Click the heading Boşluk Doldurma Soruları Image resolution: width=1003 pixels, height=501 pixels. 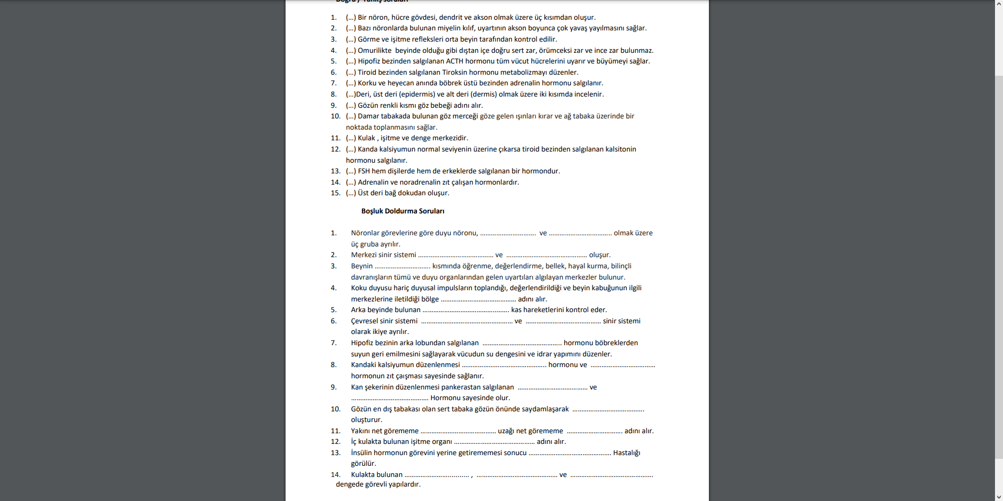tap(402, 211)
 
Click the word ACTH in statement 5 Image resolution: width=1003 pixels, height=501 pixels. tap(454, 61)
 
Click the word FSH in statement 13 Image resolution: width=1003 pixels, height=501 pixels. tap(364, 171)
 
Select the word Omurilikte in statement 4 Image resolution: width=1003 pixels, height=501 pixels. tap(374, 51)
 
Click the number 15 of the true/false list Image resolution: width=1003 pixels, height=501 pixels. tap(335, 193)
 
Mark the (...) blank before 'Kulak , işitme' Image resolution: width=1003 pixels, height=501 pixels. tap(351, 138)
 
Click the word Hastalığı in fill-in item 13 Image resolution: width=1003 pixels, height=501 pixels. tap(626, 453)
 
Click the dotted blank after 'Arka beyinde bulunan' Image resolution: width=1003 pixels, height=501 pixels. tap(465, 310)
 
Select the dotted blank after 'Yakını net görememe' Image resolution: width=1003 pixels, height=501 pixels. tap(458, 431)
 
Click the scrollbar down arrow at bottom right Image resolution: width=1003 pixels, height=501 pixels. tap(998, 497)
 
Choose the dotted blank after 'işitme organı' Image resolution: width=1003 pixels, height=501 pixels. tap(494, 442)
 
